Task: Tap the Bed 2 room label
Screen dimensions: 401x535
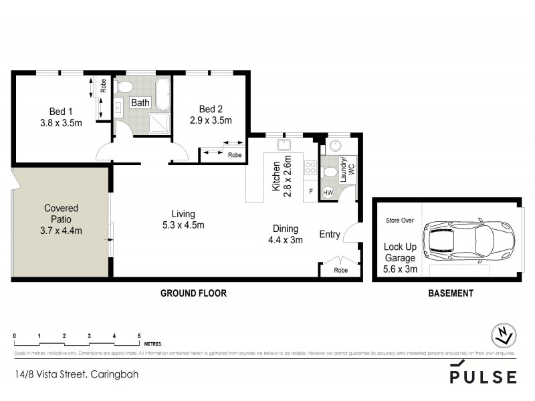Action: click(x=215, y=115)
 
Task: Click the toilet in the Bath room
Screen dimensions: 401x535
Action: click(x=123, y=86)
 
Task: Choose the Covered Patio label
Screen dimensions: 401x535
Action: click(x=61, y=219)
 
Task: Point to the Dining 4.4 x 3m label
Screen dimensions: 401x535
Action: click(x=285, y=234)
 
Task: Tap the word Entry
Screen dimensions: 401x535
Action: click(x=329, y=234)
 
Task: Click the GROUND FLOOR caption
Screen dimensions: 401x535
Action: click(x=193, y=293)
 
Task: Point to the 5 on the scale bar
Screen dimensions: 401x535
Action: click(x=139, y=336)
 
